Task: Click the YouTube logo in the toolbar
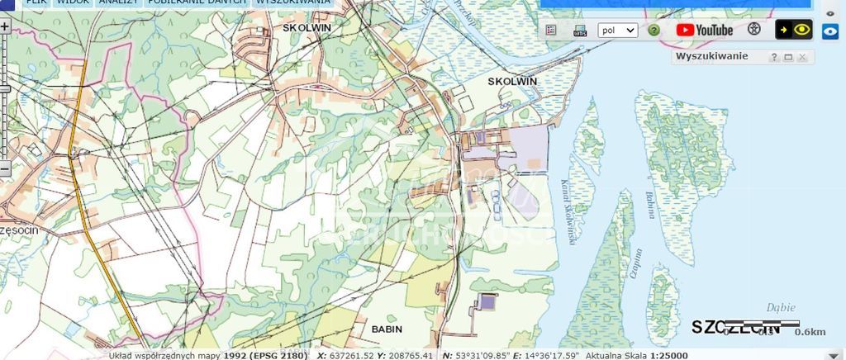click(704, 30)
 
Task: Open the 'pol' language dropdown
click(617, 31)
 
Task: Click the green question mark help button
click(654, 31)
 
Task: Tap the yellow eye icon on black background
click(794, 30)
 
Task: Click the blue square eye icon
click(830, 31)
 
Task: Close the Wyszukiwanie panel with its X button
click(801, 57)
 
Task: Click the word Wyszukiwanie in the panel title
click(712, 56)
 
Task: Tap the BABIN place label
click(387, 329)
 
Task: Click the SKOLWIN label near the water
click(512, 81)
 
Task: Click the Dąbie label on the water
click(781, 307)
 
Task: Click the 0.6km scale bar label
click(810, 332)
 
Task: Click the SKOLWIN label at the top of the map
click(307, 26)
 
